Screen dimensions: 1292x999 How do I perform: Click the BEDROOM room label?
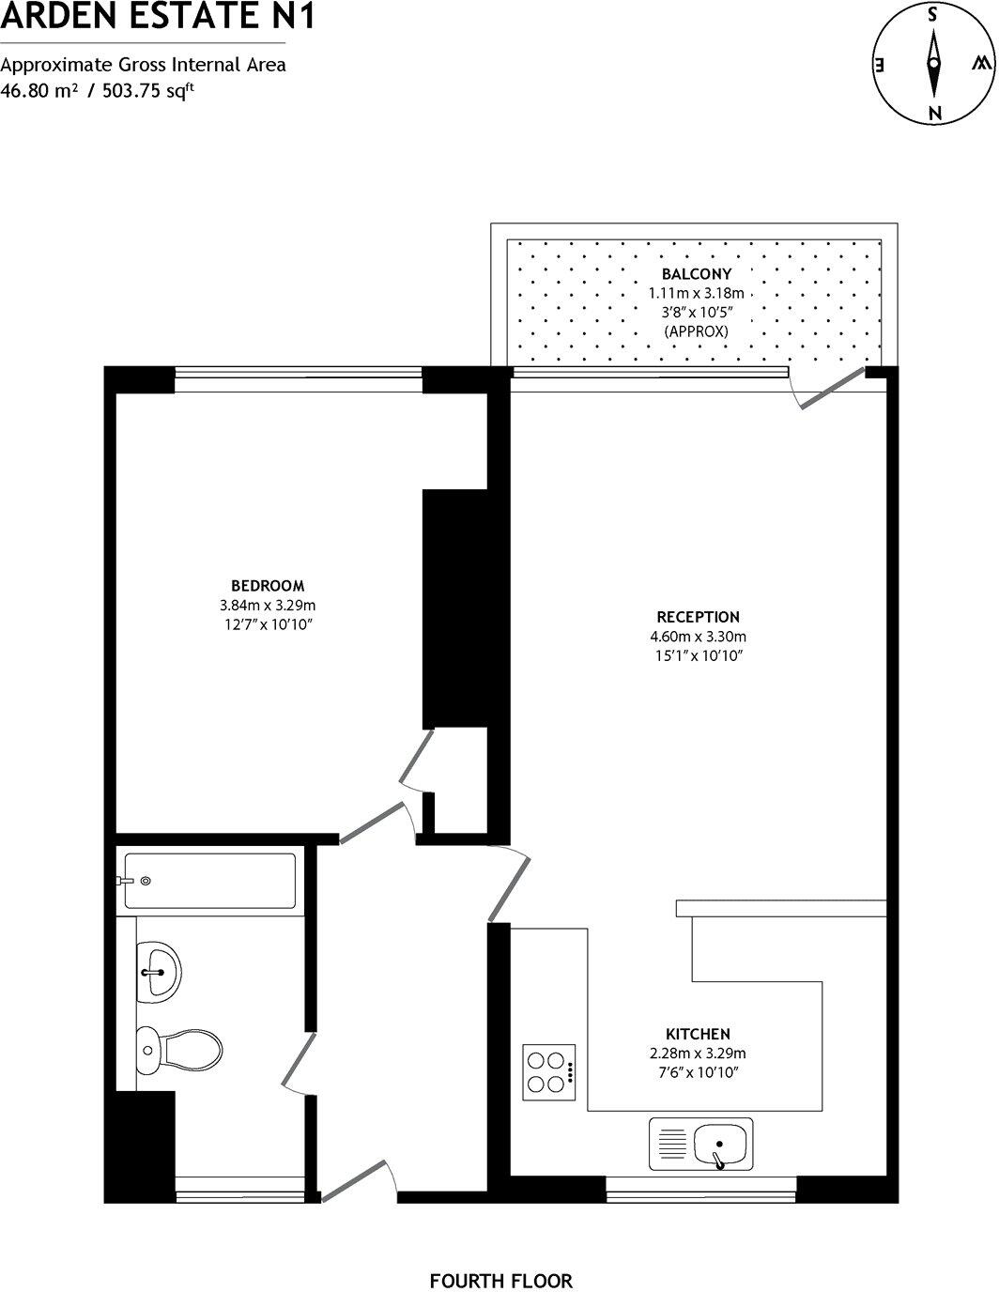[268, 586]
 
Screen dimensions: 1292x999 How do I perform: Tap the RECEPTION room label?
[698, 617]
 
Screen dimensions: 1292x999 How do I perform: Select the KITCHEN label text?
[698, 1034]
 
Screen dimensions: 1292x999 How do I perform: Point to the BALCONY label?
[696, 274]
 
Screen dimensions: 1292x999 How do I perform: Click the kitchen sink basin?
[721, 1145]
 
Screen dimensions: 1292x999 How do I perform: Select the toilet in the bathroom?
[179, 1046]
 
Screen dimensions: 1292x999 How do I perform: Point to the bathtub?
[210, 881]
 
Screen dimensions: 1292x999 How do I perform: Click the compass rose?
[933, 64]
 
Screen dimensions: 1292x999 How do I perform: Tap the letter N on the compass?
[933, 113]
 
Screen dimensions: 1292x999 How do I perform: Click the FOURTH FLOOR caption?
[500, 1281]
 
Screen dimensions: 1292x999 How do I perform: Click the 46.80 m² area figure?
[38, 91]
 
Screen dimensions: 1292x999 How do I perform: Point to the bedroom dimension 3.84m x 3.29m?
[268, 605]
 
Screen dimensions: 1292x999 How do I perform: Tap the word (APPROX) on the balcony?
[696, 331]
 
